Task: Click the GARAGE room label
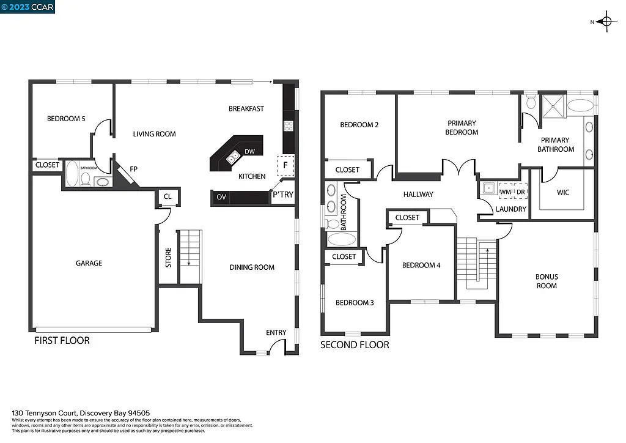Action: pyautogui.click(x=89, y=263)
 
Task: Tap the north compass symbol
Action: pyautogui.click(x=606, y=23)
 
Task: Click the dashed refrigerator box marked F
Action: pyautogui.click(x=286, y=165)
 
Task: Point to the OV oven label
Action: pyautogui.click(x=221, y=198)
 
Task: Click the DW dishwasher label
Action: pyautogui.click(x=249, y=152)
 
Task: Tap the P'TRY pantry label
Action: pyautogui.click(x=283, y=195)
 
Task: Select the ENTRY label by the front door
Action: pyautogui.click(x=276, y=332)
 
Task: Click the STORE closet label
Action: pyautogui.click(x=168, y=258)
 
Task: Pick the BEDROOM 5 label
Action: pyautogui.click(x=66, y=119)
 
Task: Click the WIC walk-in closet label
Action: pyautogui.click(x=563, y=193)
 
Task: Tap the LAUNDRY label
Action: pyautogui.click(x=511, y=209)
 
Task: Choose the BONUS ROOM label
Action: pyautogui.click(x=547, y=281)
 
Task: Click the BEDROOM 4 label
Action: pyautogui.click(x=421, y=265)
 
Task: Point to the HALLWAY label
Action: pyautogui.click(x=418, y=195)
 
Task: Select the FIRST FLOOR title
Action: pyautogui.click(x=62, y=340)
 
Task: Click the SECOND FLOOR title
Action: pyautogui.click(x=355, y=345)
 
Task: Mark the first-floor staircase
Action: pyautogui.click(x=189, y=256)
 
